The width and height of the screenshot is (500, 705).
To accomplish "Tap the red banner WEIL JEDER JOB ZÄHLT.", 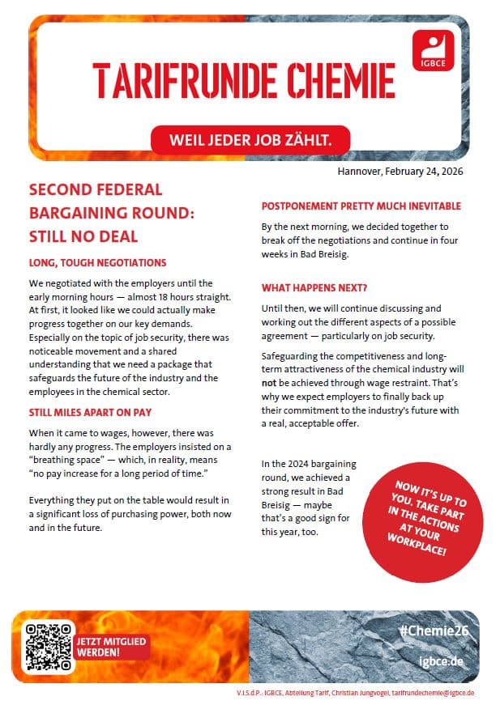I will point(250,140).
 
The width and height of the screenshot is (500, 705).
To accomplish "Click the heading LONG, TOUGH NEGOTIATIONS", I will point(97,263).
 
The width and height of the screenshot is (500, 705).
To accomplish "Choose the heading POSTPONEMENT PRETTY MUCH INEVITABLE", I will point(361,206).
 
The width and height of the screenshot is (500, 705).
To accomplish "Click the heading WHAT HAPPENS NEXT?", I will point(314,288).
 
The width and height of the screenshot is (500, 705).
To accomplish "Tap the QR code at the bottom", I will point(45,645).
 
